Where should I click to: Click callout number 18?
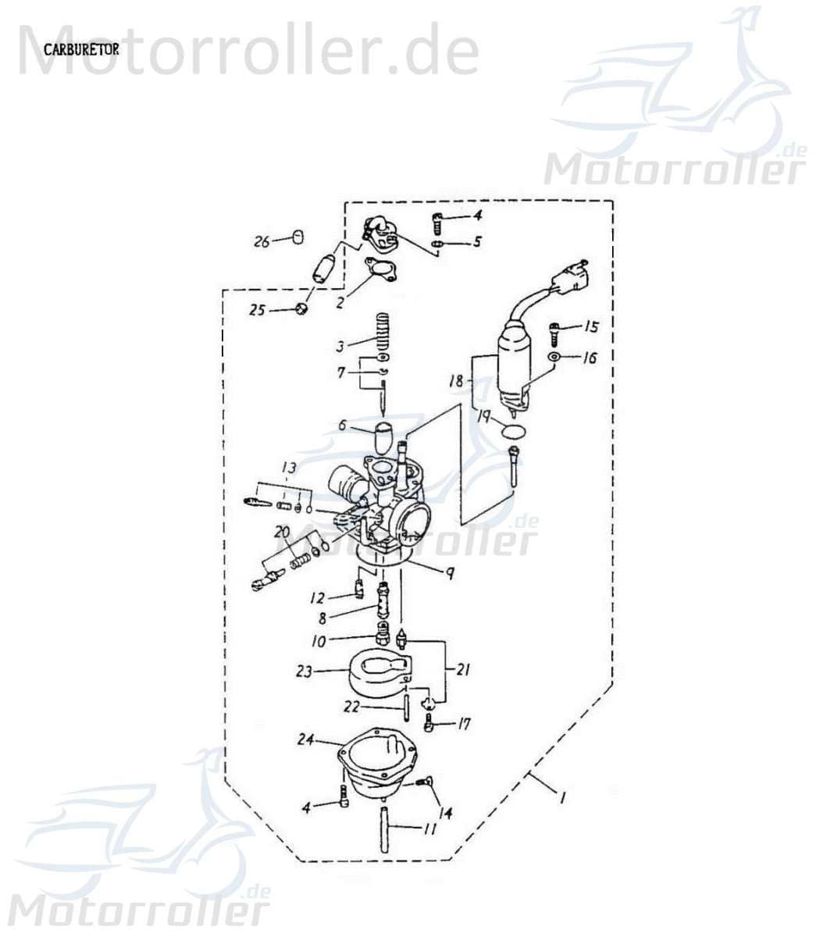457,381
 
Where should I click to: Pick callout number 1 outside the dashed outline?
561,798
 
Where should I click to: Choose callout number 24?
305,739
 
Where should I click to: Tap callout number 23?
305,671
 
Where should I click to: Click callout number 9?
451,572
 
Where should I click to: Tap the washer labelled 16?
554,357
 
